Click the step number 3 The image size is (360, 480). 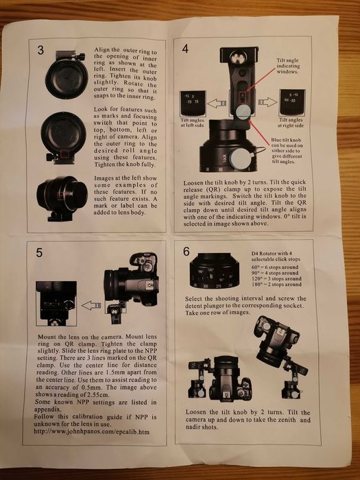40,51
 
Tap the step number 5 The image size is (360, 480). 39,252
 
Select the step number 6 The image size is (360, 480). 186,252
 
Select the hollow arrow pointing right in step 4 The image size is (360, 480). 265,104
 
